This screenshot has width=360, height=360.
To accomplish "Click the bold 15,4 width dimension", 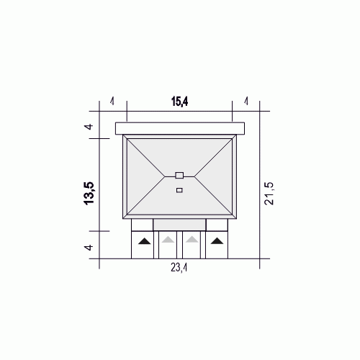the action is [179, 102].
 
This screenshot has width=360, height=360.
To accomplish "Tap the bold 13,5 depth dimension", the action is [89, 193].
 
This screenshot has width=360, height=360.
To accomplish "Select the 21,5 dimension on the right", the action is [269, 194].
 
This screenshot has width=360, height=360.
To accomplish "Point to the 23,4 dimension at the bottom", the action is [179, 267].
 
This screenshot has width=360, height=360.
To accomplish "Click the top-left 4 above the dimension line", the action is [112, 102].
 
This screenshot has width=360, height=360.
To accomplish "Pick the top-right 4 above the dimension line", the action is [246, 102].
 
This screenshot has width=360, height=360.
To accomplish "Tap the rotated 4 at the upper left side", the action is [89, 127].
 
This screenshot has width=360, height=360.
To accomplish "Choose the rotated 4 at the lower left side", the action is [89, 247].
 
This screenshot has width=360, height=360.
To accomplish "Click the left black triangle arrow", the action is [145, 241].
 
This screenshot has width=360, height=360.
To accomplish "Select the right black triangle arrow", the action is [217, 240].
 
